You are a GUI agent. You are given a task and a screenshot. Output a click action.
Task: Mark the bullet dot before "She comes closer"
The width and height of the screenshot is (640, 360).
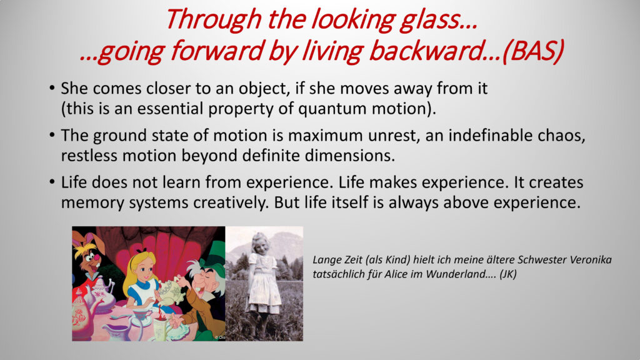(52, 87)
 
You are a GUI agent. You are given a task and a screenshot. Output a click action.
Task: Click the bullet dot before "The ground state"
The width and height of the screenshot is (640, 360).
(52, 135)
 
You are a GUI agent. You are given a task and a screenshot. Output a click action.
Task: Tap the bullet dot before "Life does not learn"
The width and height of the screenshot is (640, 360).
(52, 182)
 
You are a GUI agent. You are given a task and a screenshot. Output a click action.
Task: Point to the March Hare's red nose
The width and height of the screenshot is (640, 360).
(97, 258)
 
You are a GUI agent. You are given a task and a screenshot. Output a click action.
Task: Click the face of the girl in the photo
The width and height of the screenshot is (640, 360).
(259, 244)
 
